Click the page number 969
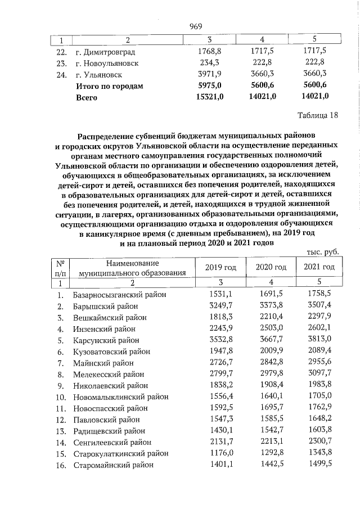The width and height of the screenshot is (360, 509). [196, 26]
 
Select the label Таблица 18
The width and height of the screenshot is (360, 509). [318, 116]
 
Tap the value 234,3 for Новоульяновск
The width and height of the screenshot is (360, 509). [209, 62]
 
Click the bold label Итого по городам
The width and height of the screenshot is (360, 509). [110, 85]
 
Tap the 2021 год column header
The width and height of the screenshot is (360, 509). [319, 267]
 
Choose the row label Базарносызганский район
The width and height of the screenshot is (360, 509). [120, 294]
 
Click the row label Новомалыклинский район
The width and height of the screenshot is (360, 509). [120, 397]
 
